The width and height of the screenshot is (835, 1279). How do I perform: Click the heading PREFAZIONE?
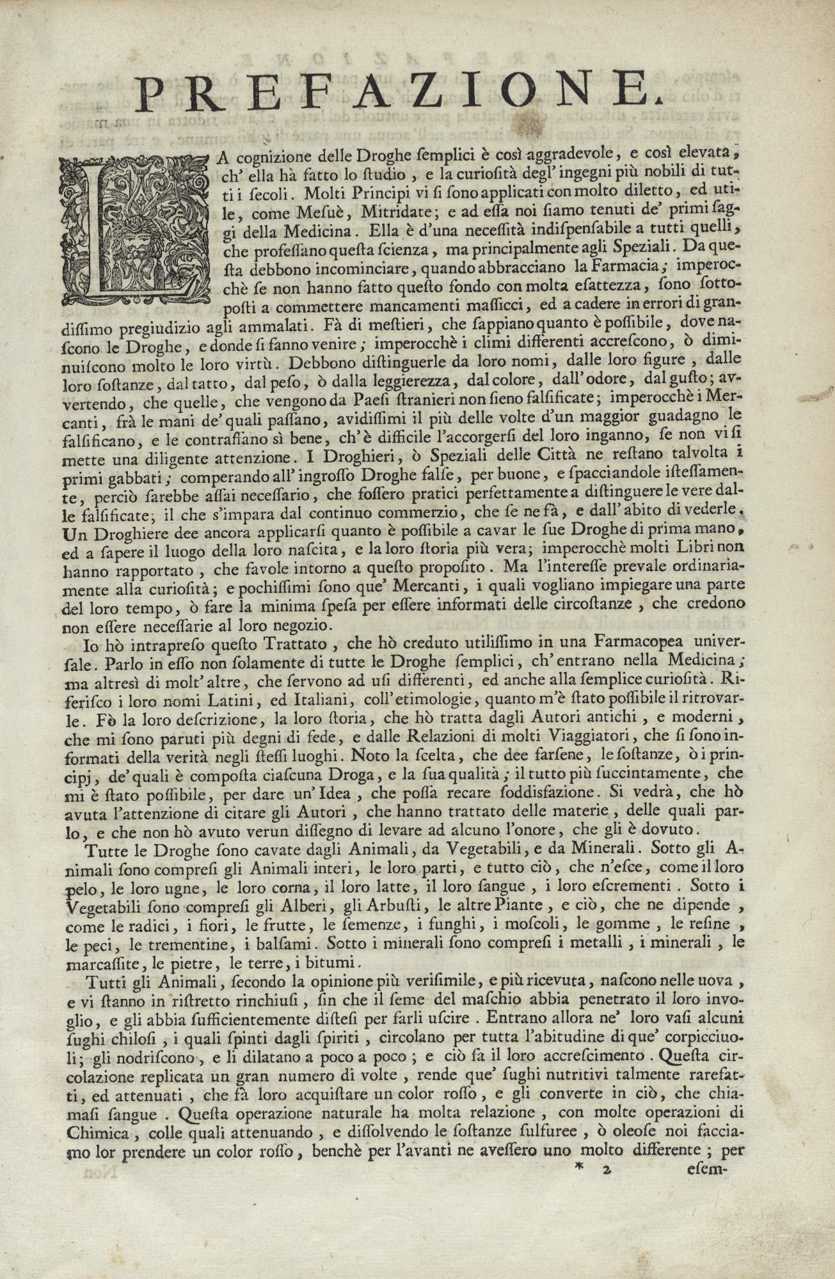pos(397,91)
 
